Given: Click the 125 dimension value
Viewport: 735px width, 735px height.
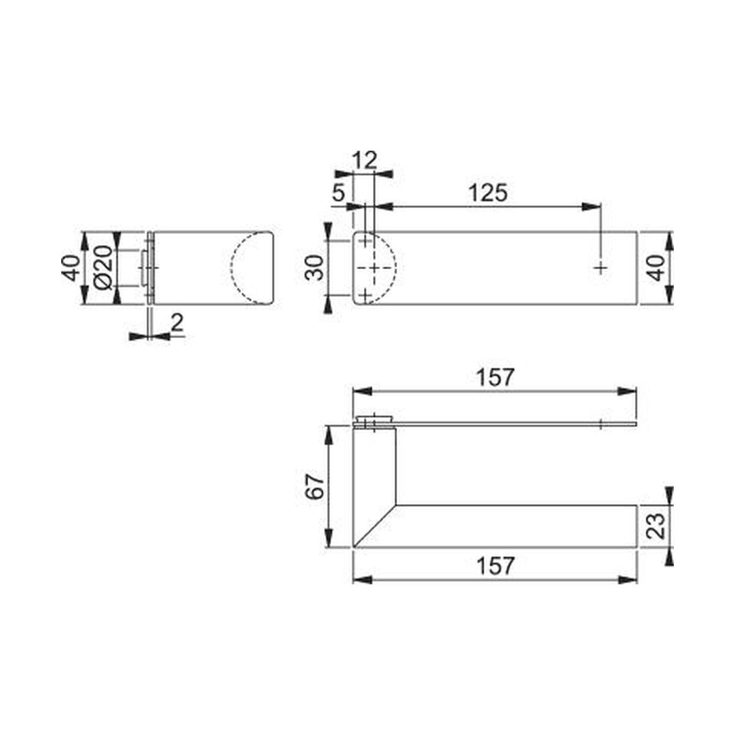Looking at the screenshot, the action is click(x=488, y=193).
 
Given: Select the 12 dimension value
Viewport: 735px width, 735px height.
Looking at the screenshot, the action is click(x=364, y=160).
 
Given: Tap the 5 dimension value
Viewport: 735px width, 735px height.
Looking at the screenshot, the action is click(x=339, y=193).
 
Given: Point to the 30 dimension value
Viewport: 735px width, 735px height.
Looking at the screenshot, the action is click(x=315, y=268).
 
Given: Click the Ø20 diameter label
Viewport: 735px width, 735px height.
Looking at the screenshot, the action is click(x=103, y=268).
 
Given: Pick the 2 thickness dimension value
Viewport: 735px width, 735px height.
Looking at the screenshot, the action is click(x=178, y=323).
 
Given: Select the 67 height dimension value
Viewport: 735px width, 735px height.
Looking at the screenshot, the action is click(x=315, y=487).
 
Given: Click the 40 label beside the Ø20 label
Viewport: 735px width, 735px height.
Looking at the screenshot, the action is click(x=71, y=268).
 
